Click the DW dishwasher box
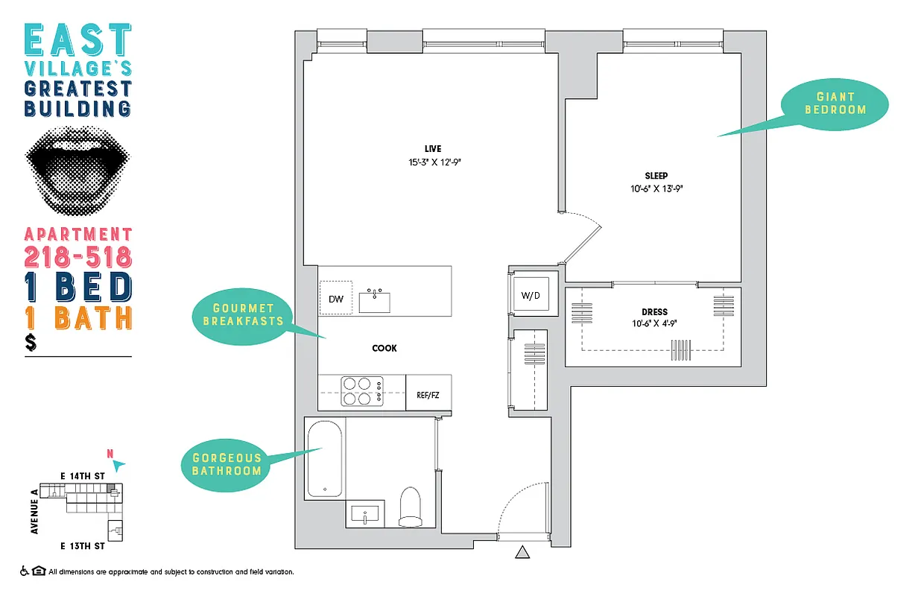click(336, 299)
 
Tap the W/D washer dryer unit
click(530, 296)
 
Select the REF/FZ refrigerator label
click(428, 394)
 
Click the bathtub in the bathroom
click(324, 459)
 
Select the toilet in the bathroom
click(411, 506)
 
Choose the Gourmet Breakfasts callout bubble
click(243, 314)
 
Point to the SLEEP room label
click(656, 176)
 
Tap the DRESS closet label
click(654, 311)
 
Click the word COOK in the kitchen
click(384, 348)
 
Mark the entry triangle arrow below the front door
click(522, 553)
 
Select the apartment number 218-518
click(78, 257)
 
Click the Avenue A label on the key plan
click(35, 511)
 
